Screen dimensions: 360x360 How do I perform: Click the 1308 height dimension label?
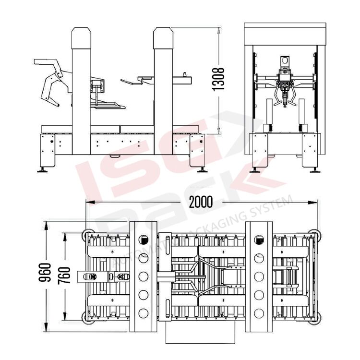[219, 79]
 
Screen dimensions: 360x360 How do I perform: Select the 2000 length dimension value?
[201, 202]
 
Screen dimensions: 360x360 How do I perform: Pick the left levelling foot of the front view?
[255, 168]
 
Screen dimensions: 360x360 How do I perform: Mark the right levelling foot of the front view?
[315, 168]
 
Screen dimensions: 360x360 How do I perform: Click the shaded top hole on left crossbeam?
[143, 239]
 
